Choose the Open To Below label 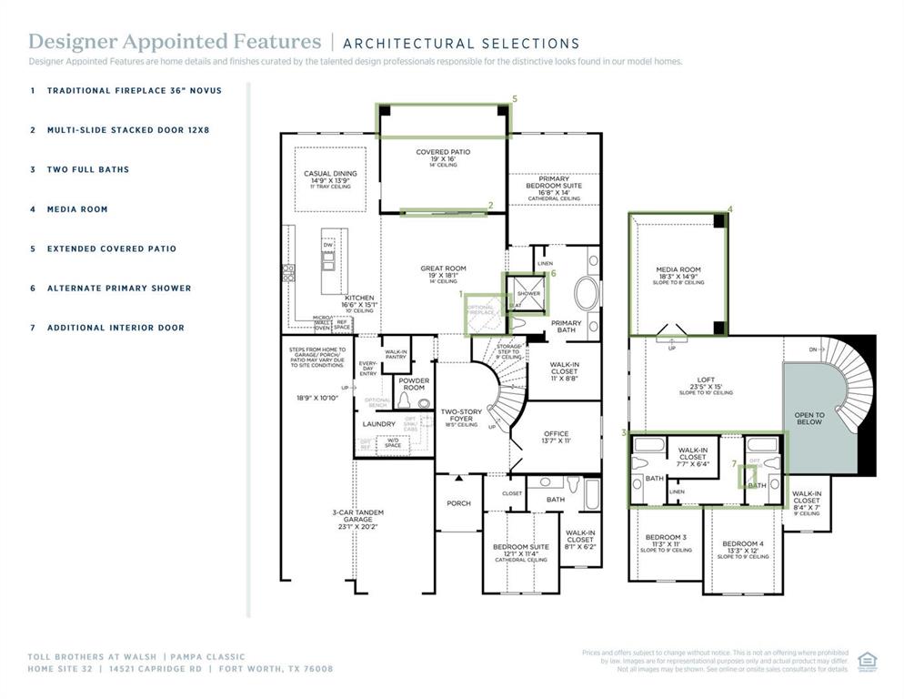(x=809, y=419)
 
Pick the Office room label (x=556, y=436)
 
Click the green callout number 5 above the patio (x=515, y=98)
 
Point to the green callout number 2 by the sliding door (x=491, y=206)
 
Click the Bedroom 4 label (x=743, y=543)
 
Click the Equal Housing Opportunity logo (x=866, y=660)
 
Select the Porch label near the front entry (x=458, y=503)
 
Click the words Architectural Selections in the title (x=461, y=43)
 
